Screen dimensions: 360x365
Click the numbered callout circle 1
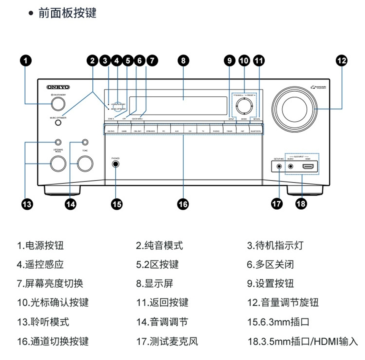coord(25,60)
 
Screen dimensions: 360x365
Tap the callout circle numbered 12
coord(342,60)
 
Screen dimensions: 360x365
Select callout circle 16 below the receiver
coord(183,204)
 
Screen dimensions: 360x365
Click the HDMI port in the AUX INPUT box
coord(308,166)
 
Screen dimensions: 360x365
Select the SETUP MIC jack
coord(279,166)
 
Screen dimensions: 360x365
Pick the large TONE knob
coord(85,164)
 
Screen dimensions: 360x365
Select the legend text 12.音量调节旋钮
coord(283,303)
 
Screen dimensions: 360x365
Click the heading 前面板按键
coord(67,13)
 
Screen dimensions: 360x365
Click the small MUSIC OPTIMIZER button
coord(58,123)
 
